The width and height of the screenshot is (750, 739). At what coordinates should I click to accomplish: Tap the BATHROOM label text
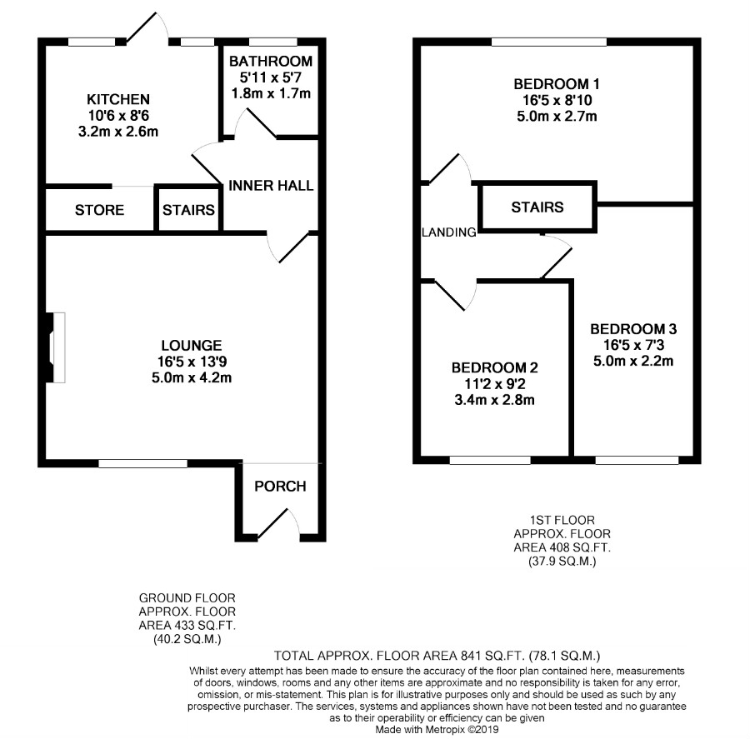tap(271, 61)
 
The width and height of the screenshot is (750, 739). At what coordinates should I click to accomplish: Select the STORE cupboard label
tap(99, 210)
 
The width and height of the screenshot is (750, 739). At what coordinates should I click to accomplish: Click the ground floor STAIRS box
tap(188, 210)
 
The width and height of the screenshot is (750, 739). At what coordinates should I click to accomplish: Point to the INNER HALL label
tap(272, 185)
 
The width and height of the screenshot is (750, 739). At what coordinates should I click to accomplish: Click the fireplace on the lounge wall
tap(55, 347)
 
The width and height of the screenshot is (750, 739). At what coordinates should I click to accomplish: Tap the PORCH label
tap(279, 486)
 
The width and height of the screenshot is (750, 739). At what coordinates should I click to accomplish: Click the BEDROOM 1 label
tap(556, 84)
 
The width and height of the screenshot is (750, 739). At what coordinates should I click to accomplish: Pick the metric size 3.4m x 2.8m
tap(495, 399)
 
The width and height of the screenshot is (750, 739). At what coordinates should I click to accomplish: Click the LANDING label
tap(448, 232)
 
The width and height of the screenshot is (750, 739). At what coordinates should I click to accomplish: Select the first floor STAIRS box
tap(537, 207)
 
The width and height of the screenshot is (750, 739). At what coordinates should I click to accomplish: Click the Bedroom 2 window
tap(489, 459)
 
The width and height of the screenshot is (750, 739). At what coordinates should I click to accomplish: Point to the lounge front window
tap(142, 462)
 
